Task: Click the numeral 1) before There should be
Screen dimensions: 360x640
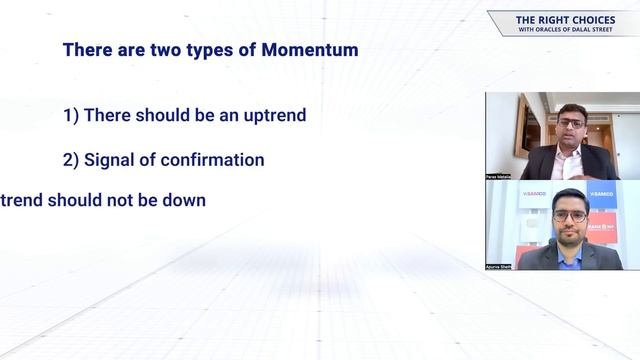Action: coord(71,115)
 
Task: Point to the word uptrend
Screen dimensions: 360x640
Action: coord(273,115)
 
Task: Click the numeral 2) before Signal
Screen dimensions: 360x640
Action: coord(71,159)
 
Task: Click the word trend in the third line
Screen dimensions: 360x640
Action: coord(23,200)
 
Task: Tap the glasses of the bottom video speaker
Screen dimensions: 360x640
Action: coord(569,215)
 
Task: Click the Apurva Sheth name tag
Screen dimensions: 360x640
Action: coord(498,267)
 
